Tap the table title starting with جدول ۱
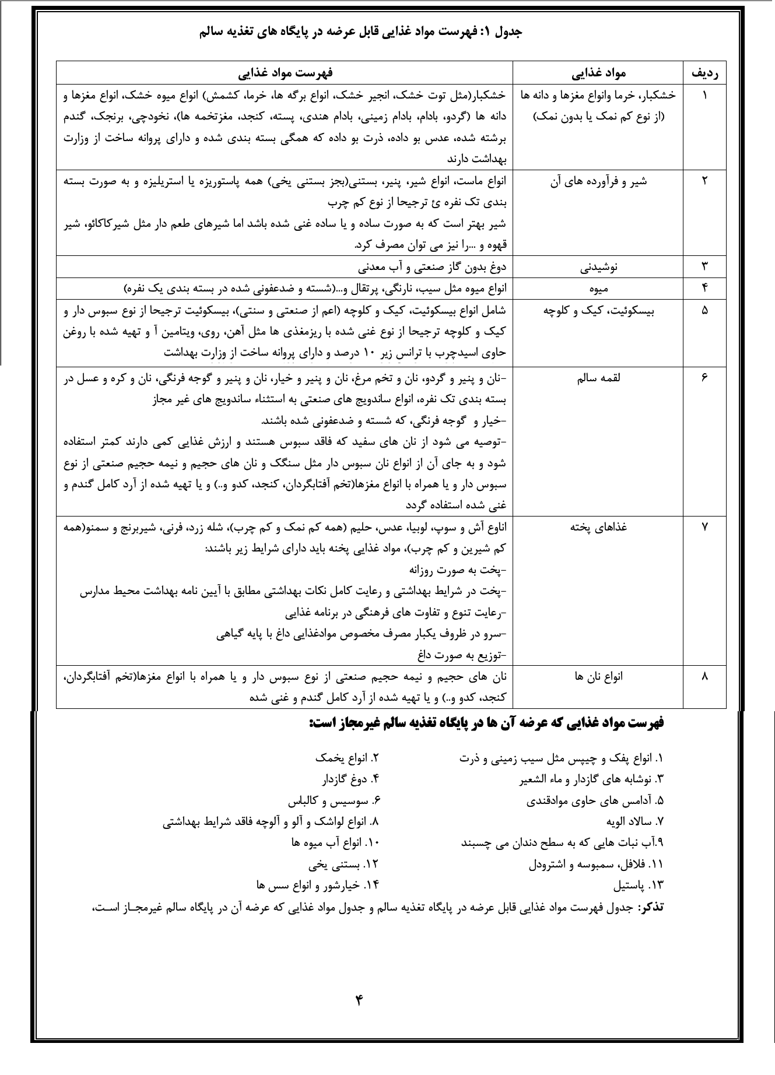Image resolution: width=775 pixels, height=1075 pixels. (x=360, y=33)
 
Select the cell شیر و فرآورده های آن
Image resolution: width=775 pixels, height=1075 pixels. (x=598, y=181)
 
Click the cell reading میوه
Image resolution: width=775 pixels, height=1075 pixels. (x=599, y=288)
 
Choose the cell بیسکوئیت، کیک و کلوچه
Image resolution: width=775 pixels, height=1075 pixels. (x=598, y=310)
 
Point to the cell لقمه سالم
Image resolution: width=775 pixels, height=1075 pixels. (x=598, y=378)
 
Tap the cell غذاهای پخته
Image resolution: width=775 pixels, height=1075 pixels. (x=598, y=527)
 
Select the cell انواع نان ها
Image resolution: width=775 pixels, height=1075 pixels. (x=598, y=676)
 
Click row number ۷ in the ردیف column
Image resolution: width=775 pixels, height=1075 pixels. (x=704, y=527)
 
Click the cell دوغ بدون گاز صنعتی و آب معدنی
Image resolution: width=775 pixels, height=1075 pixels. (x=432, y=267)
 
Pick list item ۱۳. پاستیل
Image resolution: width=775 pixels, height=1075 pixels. (x=639, y=885)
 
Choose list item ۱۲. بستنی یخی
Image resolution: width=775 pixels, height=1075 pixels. (x=344, y=864)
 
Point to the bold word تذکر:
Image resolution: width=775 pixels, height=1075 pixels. (x=651, y=908)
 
